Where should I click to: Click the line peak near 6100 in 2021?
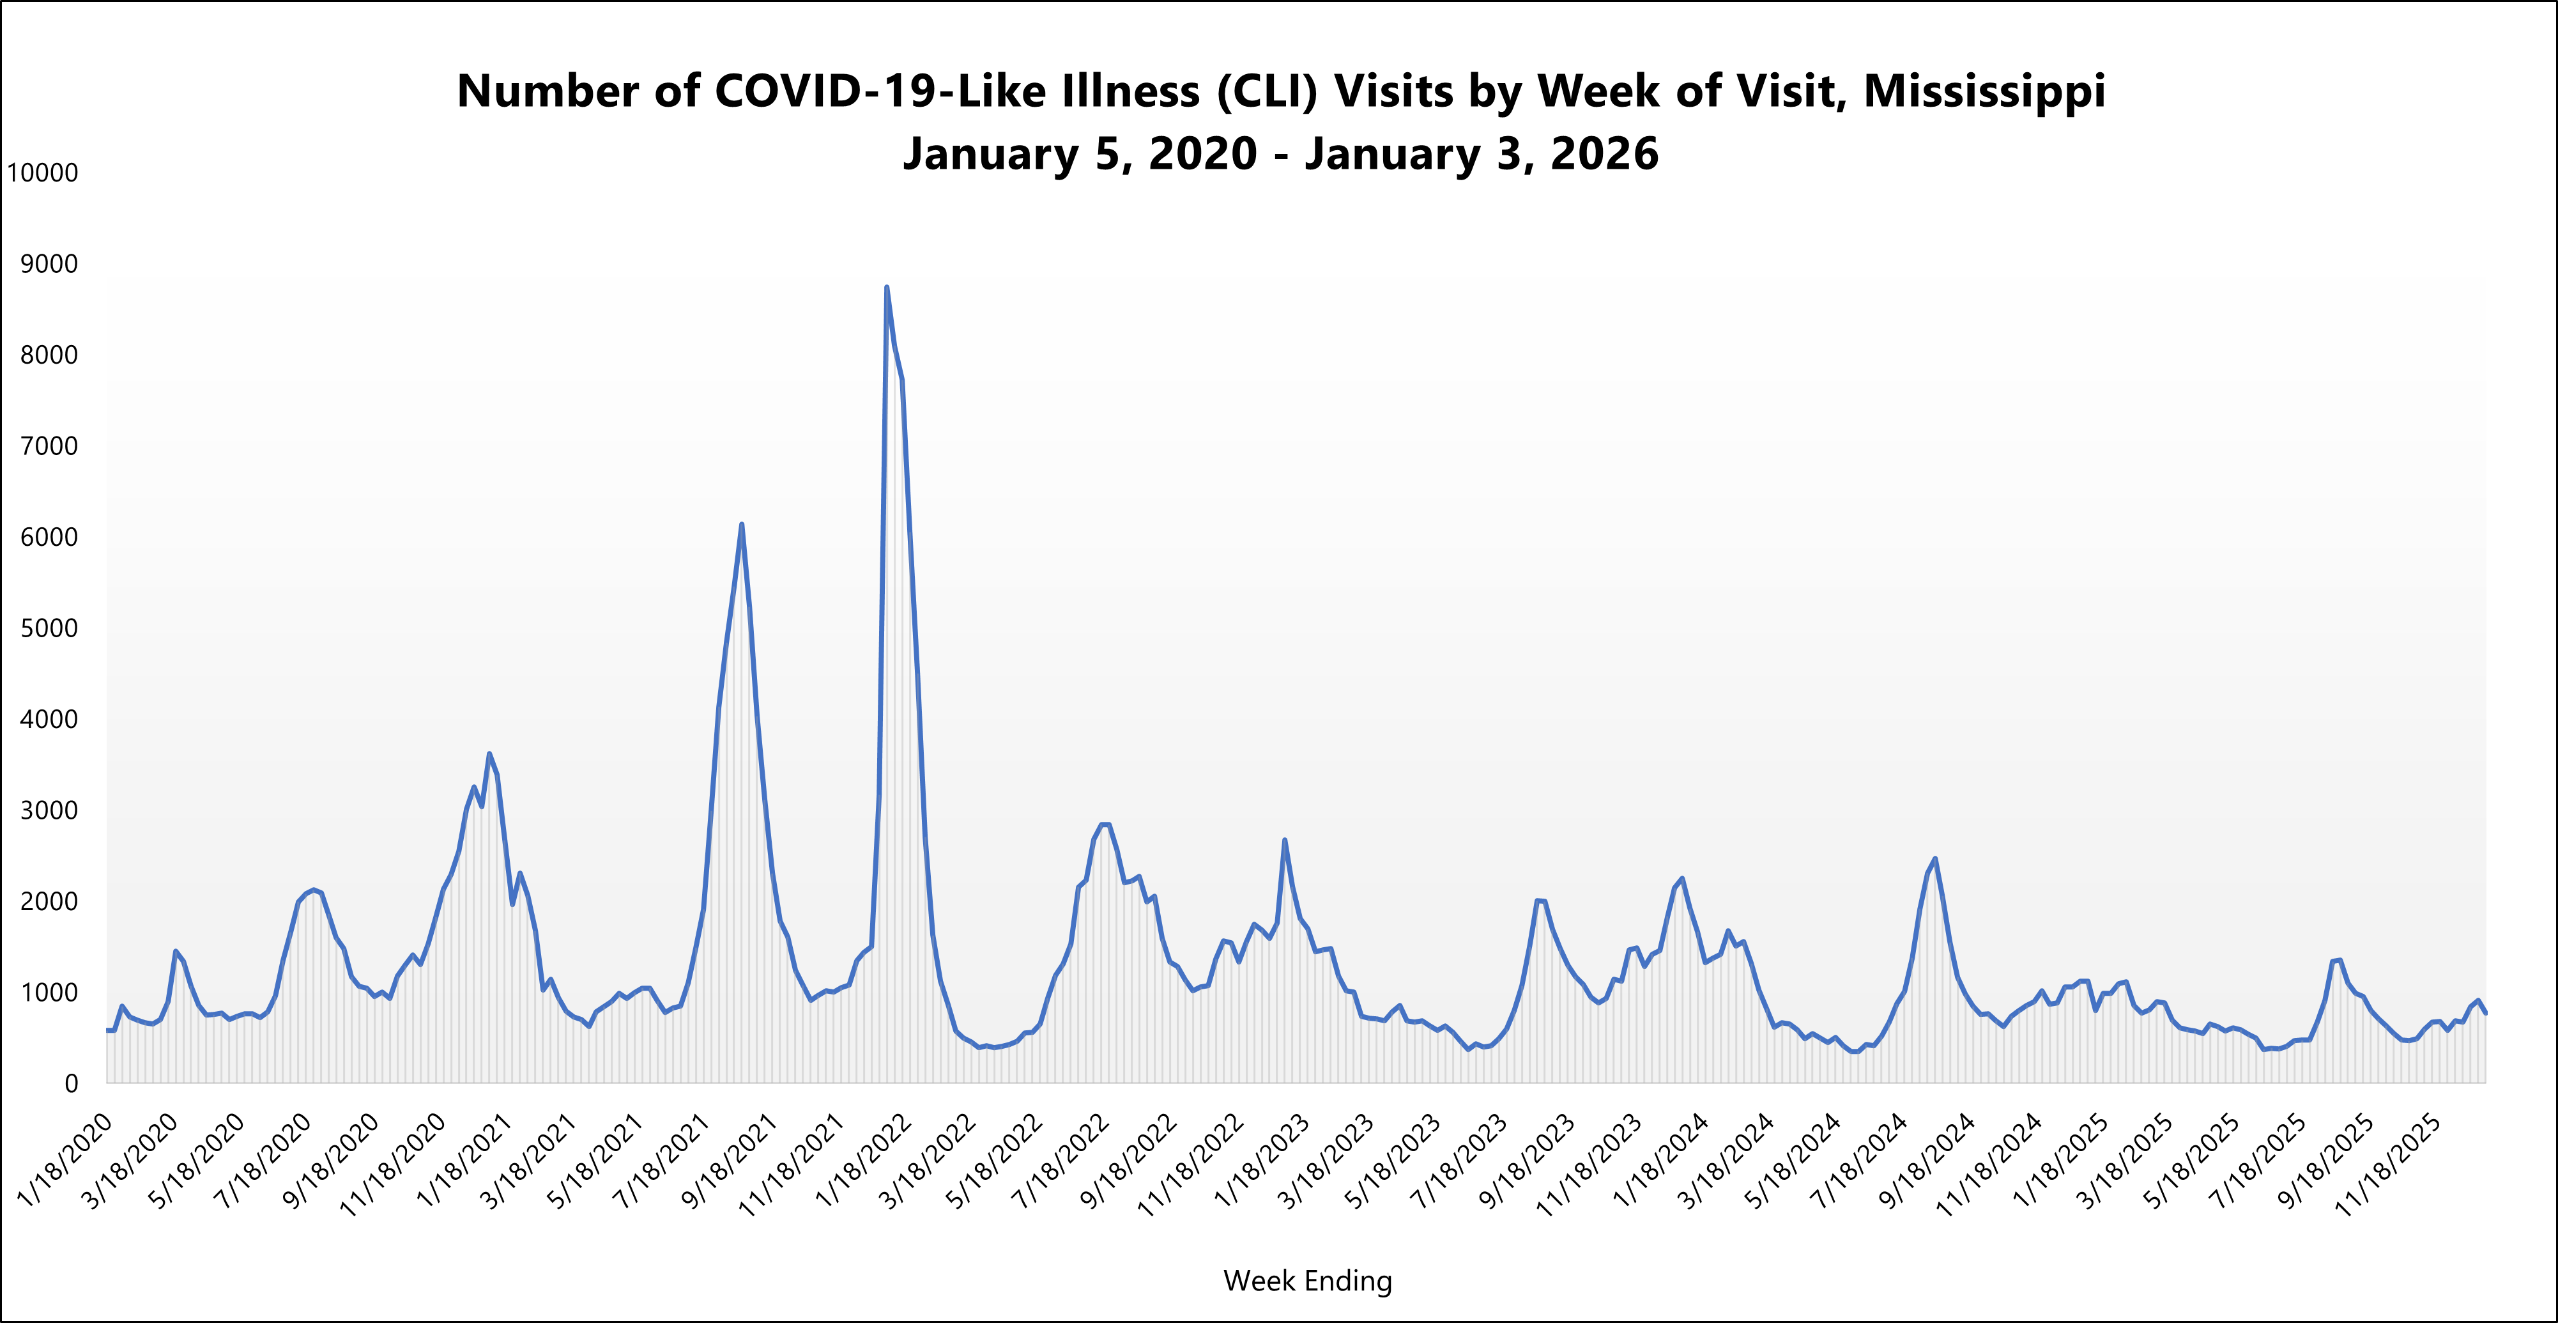742,525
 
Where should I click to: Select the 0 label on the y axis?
70,1083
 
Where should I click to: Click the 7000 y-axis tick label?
49,446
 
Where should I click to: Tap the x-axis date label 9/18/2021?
729,1160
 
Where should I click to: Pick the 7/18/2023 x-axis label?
1459,1160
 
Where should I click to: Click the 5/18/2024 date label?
1793,1160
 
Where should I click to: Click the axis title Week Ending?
1307,1280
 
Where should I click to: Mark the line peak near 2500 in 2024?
1934,858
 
